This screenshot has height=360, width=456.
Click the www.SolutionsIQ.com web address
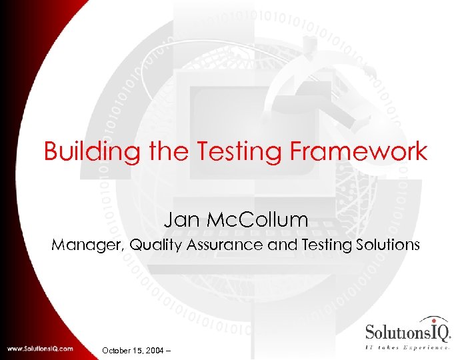click(x=40, y=349)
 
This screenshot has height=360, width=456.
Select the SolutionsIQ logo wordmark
click(x=407, y=331)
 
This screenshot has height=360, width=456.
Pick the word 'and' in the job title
click(x=281, y=245)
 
